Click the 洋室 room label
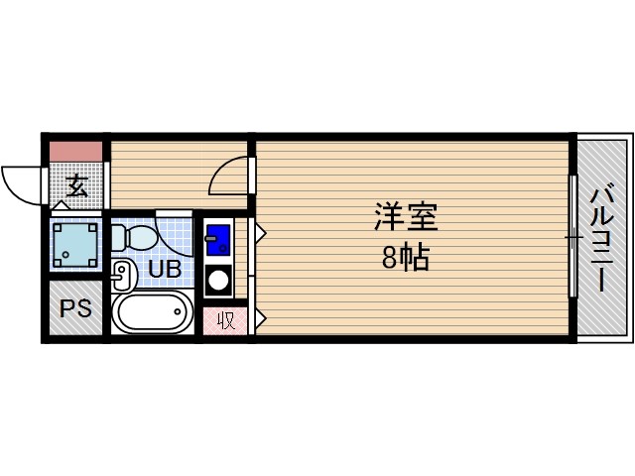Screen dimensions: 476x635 click(x=405, y=216)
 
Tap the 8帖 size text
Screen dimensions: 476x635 click(x=405, y=258)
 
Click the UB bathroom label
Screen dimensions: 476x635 click(x=165, y=267)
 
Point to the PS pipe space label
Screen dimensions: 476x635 click(x=75, y=308)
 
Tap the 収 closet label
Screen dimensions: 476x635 click(x=226, y=320)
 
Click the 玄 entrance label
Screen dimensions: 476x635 click(x=76, y=184)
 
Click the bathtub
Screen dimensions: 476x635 click(x=153, y=313)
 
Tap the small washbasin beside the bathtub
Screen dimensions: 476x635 click(x=123, y=273)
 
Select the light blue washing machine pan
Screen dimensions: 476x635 click(x=76, y=245)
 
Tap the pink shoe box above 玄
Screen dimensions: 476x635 click(x=76, y=152)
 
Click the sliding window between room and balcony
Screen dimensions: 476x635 click(x=572, y=237)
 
